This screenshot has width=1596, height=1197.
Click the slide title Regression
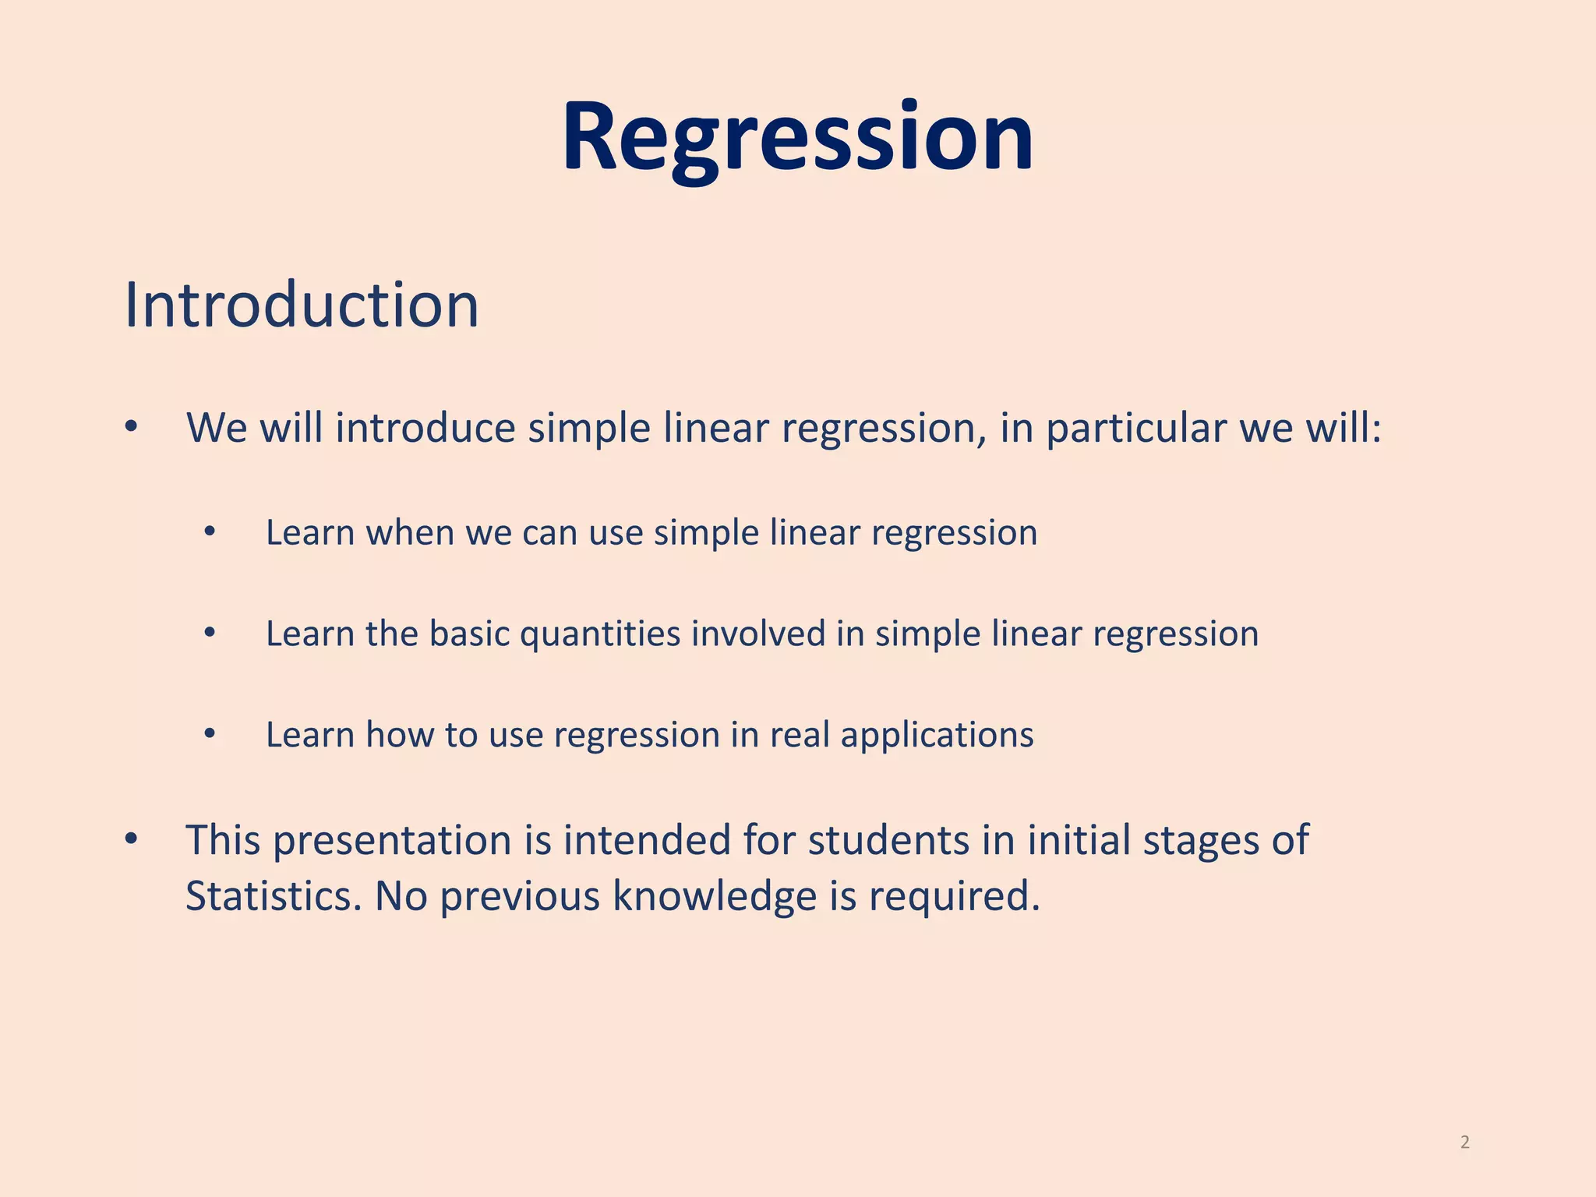pyautogui.click(x=797, y=139)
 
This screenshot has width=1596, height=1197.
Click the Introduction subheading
pyautogui.click(x=302, y=305)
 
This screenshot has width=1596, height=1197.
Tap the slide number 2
pyautogui.click(x=1464, y=1142)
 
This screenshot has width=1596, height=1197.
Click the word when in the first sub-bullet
pyautogui.click(x=410, y=533)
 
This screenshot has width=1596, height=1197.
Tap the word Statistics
pyautogui.click(x=274, y=896)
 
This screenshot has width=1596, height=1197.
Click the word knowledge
pyautogui.click(x=714, y=896)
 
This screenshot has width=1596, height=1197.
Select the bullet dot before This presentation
pyautogui.click(x=131, y=839)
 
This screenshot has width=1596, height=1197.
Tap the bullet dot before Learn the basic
pyautogui.click(x=209, y=633)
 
